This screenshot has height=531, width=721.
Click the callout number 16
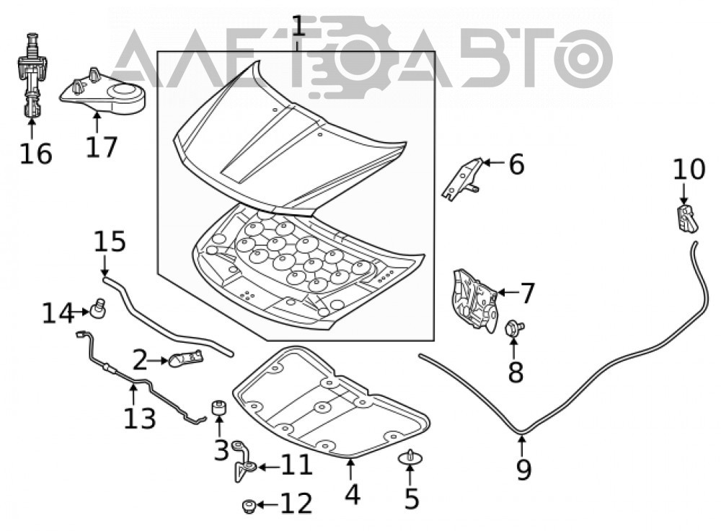click(36, 153)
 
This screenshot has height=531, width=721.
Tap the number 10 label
click(689, 169)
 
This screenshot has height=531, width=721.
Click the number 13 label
click(140, 418)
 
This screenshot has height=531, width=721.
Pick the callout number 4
click(352, 494)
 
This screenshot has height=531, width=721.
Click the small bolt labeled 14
click(98, 307)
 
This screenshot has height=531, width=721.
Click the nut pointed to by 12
click(248, 506)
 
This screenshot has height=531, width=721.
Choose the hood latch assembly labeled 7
click(474, 299)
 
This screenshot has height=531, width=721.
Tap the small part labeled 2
click(186, 358)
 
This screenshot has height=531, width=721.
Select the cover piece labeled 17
click(102, 91)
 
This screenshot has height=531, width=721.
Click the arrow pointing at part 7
click(507, 291)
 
